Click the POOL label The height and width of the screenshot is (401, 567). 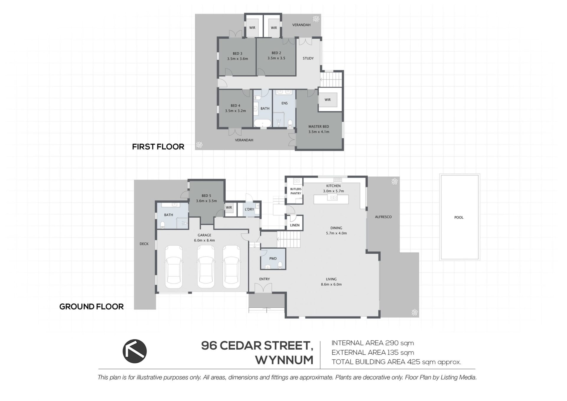coord(459,217)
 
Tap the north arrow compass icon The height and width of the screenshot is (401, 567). coord(135,351)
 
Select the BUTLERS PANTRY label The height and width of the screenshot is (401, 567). coord(296,191)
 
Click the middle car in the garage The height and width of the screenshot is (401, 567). coord(206,267)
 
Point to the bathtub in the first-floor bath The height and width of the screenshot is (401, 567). coord(262,123)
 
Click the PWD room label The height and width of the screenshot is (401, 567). coord(273,258)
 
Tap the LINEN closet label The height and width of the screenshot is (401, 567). coord(295,225)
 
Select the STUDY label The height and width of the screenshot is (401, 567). coord(308,58)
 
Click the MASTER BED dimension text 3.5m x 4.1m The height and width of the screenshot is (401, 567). coord(319,132)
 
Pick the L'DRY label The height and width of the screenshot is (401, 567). coord(249,209)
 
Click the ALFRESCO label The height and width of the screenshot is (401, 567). coord(383,217)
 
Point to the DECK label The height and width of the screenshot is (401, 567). coord(144,244)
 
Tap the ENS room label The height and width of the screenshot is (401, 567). coord(284,103)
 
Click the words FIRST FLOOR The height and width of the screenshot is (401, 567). coord(158,147)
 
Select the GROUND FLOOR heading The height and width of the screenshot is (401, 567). coord(92,307)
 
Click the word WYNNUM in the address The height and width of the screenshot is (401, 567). coord(284,360)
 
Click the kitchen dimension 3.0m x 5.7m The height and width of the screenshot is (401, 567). coord(333,191)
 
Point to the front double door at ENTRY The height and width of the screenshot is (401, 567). coord(263,288)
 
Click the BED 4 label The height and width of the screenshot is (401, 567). coord(235,105)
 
